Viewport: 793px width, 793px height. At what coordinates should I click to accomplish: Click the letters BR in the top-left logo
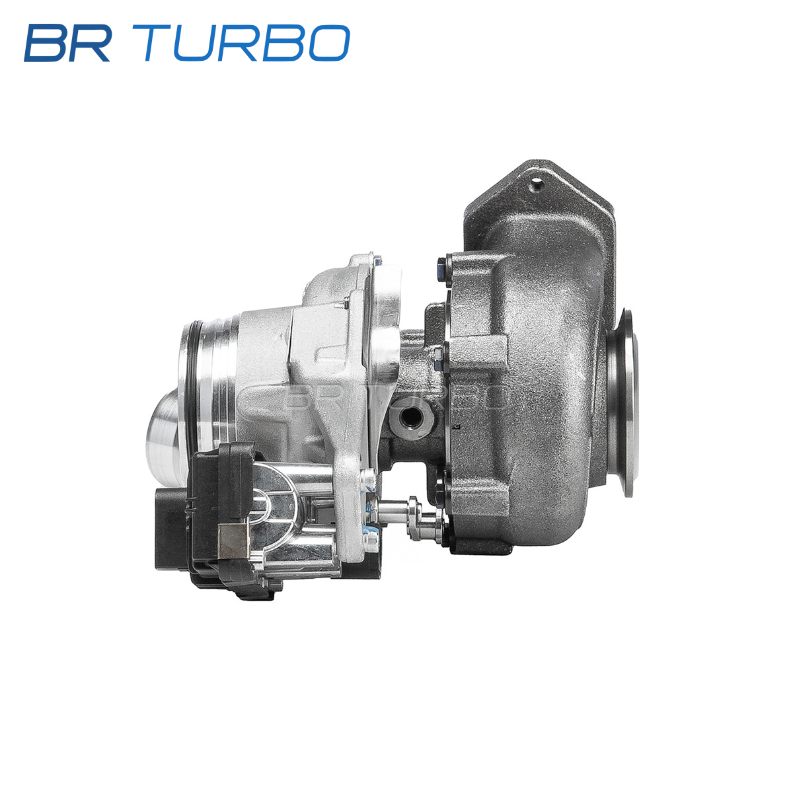point(68,43)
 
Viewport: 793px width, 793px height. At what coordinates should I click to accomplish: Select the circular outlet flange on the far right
point(624,403)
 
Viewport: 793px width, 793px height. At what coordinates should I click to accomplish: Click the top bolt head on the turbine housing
point(443,272)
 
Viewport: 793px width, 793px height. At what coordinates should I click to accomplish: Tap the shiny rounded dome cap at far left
point(164,437)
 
